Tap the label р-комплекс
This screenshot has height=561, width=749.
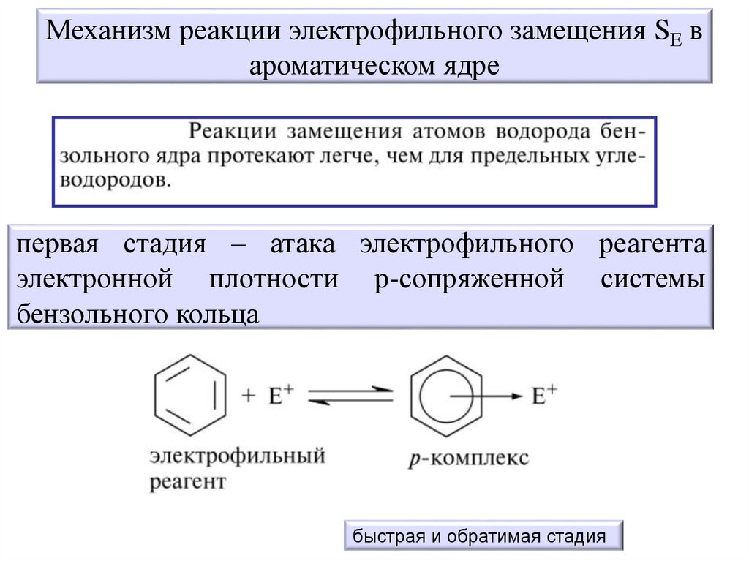pyautogui.click(x=469, y=459)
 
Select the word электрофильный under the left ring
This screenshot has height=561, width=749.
pyautogui.click(x=237, y=458)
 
